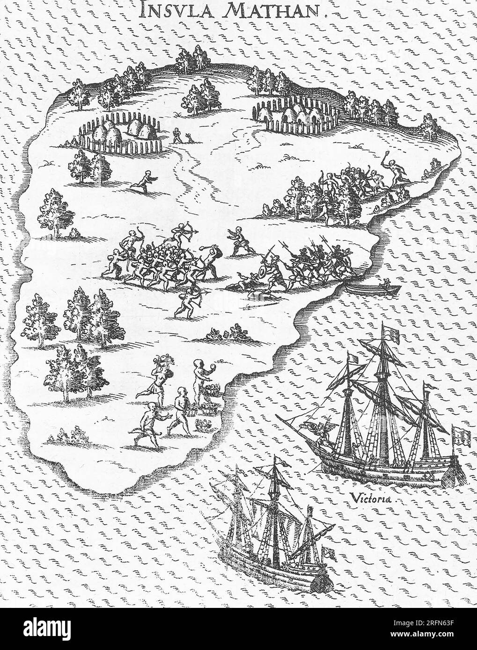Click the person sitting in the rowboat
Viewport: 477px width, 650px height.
386,282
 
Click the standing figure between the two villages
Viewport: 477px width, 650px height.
176,136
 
